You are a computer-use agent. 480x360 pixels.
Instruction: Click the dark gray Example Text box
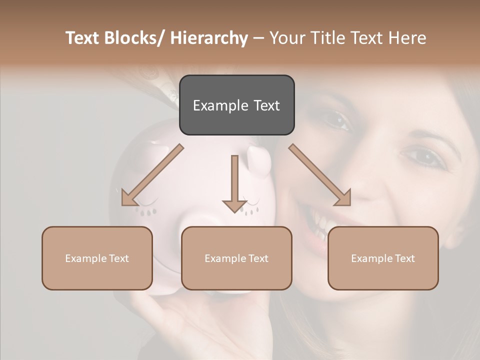click(236, 105)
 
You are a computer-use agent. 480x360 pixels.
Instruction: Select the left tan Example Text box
click(97, 258)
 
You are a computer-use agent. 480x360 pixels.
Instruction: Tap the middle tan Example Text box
click(236, 258)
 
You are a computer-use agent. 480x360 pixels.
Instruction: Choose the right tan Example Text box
click(383, 258)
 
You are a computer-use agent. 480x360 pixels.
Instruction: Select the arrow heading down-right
click(320, 175)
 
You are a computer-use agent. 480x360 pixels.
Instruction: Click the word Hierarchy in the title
click(209, 38)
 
